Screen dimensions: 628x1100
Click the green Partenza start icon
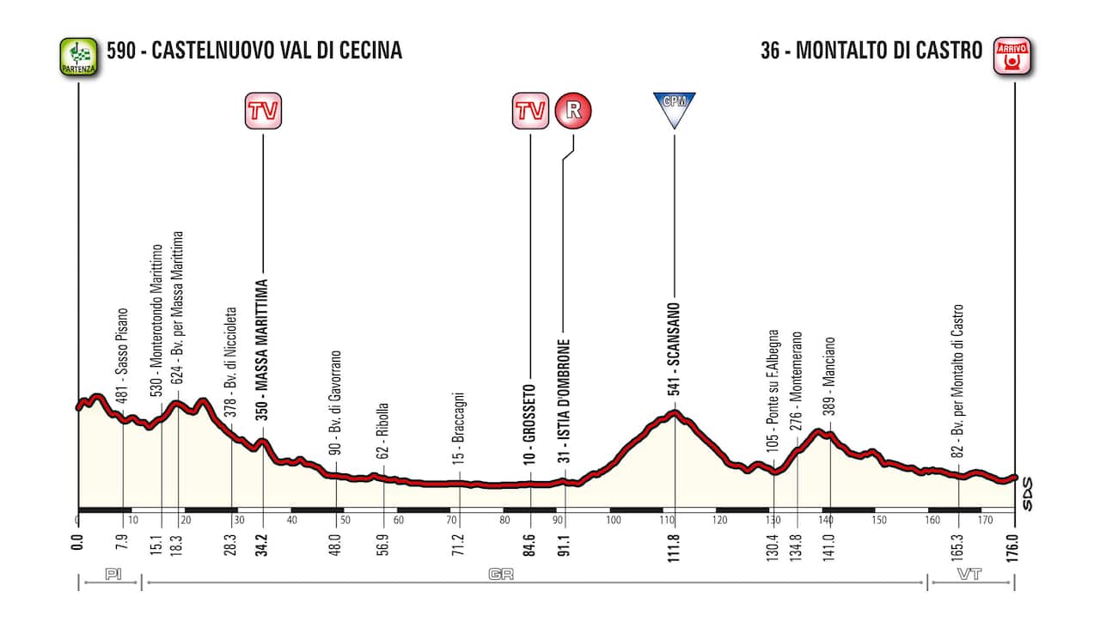(x=78, y=57)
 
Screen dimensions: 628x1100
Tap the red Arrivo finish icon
(x=1012, y=57)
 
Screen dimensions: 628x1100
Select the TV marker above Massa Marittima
(x=262, y=111)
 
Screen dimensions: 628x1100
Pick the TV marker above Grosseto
(x=530, y=111)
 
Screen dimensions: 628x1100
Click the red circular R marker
(x=573, y=111)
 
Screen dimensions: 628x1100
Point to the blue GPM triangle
(x=674, y=108)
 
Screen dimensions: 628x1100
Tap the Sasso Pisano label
(x=123, y=354)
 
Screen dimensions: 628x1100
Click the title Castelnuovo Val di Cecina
(x=254, y=51)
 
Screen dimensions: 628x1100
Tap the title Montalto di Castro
(x=871, y=51)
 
